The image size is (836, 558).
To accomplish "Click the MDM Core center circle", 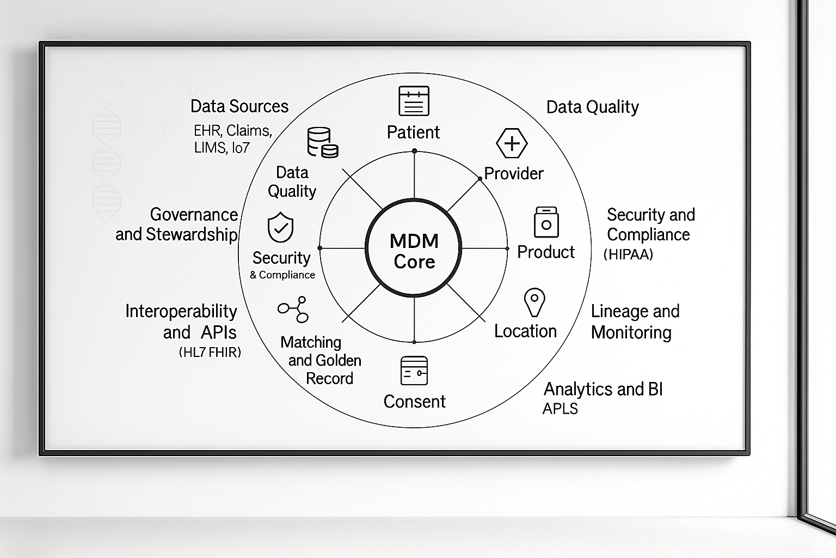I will [x=414, y=249].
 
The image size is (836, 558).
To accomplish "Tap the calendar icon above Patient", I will [x=414, y=101].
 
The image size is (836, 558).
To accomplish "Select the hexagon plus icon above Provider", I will [x=512, y=143].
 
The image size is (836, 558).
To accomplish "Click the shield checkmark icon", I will [x=280, y=228].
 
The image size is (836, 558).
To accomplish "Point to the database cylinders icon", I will [x=322, y=142].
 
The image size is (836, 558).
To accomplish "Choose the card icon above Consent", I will [x=414, y=371].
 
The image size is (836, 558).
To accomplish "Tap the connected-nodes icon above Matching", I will [x=293, y=310].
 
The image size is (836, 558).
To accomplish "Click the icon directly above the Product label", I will [x=546, y=222].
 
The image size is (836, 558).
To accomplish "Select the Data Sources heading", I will [x=239, y=106].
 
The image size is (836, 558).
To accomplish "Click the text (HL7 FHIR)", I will [x=210, y=353].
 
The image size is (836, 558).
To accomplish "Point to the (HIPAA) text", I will [x=628, y=254].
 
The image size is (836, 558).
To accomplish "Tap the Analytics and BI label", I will [x=603, y=389].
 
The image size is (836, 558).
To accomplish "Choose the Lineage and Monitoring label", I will [x=634, y=322].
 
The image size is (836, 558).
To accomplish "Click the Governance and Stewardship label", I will [x=177, y=224].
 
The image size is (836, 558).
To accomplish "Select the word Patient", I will [x=413, y=132].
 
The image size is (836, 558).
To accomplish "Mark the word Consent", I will [x=414, y=402].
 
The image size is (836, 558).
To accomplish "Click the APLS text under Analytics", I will [x=560, y=409].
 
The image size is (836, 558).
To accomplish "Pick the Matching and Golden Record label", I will [x=321, y=360].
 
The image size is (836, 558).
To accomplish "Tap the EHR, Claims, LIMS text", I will [x=232, y=139].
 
